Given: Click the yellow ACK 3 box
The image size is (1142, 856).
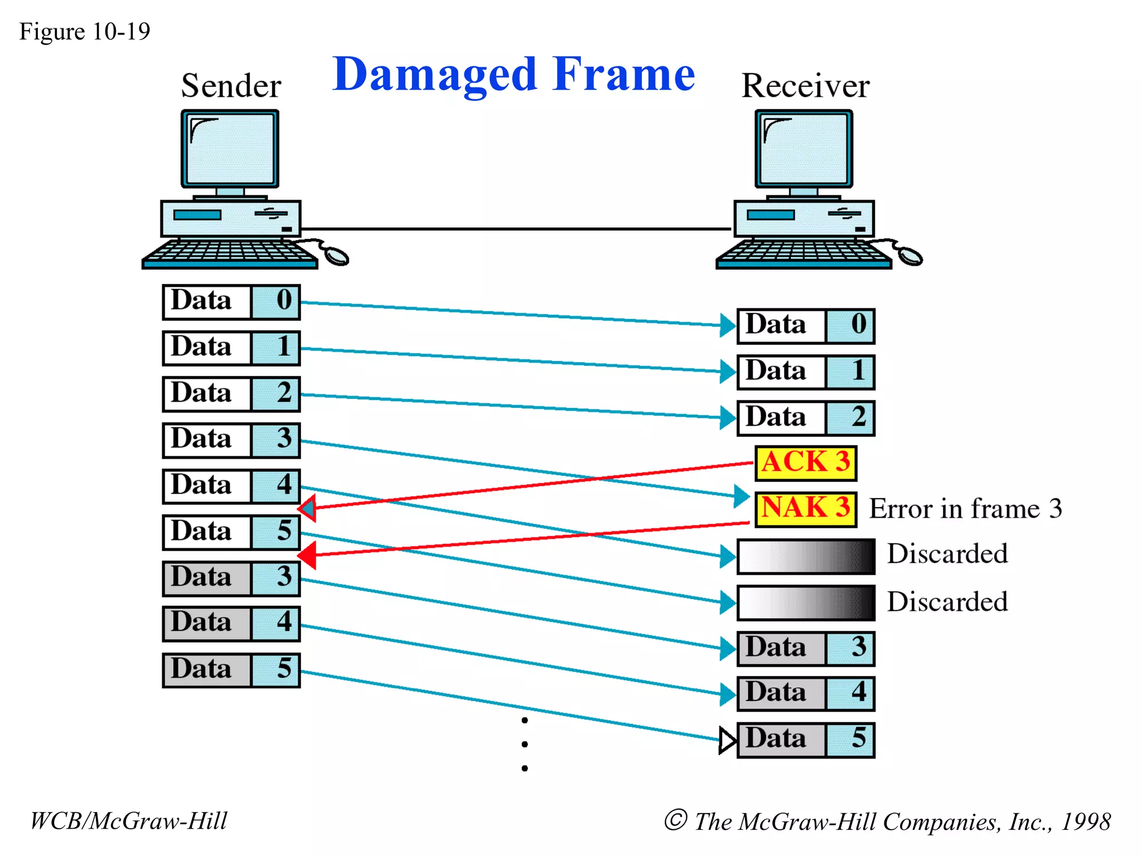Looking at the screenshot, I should (x=805, y=463).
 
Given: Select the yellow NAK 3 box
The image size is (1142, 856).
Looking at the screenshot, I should (x=805, y=509).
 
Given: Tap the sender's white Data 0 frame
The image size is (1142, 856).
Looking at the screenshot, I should (x=231, y=302).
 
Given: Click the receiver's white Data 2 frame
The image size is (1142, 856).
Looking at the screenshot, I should (x=805, y=418).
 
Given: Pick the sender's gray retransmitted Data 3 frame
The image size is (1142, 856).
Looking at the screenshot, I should (x=231, y=578).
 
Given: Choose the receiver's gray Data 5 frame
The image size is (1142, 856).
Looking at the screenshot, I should (x=805, y=740).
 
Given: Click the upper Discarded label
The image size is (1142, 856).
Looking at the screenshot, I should (x=947, y=554).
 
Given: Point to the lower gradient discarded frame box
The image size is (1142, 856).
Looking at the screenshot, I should (x=805, y=602).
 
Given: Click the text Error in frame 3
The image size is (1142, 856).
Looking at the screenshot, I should (x=965, y=509).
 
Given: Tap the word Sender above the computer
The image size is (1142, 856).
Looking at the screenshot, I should (x=231, y=86).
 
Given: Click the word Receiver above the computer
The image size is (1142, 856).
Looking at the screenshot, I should (x=805, y=86).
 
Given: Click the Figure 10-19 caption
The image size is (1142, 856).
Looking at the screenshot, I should (x=84, y=32).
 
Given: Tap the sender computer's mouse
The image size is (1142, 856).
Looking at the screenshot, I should (x=336, y=256).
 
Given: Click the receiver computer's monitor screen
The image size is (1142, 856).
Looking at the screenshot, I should (x=804, y=148).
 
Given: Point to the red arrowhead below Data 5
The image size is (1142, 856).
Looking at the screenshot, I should (x=308, y=555).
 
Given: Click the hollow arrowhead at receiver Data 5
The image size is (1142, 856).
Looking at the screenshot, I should (x=727, y=740).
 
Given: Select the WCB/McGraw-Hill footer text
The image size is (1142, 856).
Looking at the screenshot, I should (x=129, y=821).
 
